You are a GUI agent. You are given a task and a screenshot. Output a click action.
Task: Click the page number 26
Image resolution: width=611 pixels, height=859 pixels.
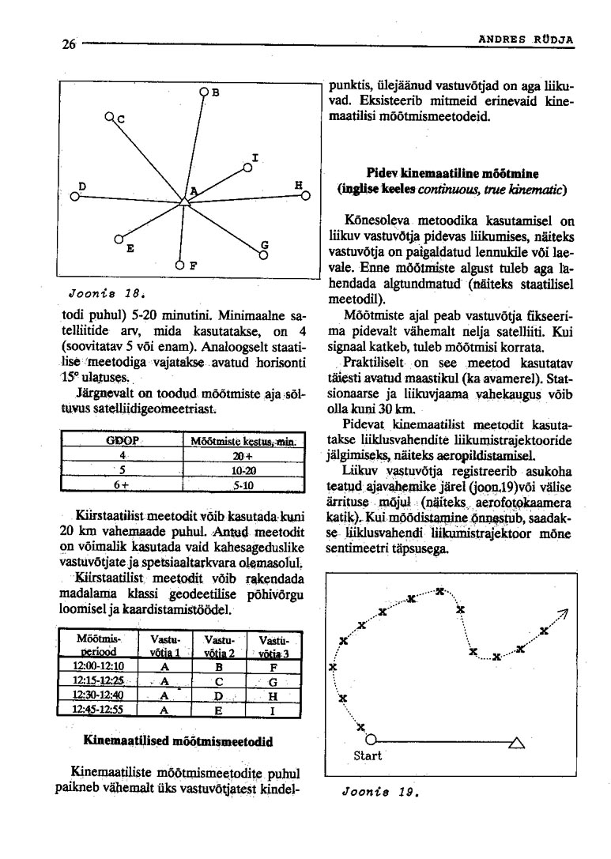click(x=68, y=44)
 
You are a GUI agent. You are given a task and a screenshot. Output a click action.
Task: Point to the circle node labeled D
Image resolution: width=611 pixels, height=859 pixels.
click(x=74, y=198)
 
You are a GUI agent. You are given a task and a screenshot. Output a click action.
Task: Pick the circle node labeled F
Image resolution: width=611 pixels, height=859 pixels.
click(x=180, y=266)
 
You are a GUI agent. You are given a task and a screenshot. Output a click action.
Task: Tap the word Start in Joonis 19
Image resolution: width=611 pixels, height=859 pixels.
click(x=367, y=755)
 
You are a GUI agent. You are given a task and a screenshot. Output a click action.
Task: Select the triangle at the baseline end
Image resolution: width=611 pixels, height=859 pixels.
click(x=517, y=741)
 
